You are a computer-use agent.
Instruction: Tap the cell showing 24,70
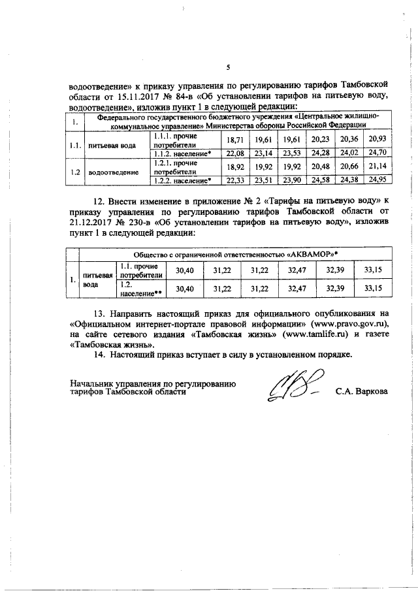tap(376, 152)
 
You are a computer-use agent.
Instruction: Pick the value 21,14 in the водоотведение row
tap(376, 167)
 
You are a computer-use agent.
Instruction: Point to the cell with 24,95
tap(376, 180)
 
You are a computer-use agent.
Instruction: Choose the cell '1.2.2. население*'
tap(182, 180)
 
